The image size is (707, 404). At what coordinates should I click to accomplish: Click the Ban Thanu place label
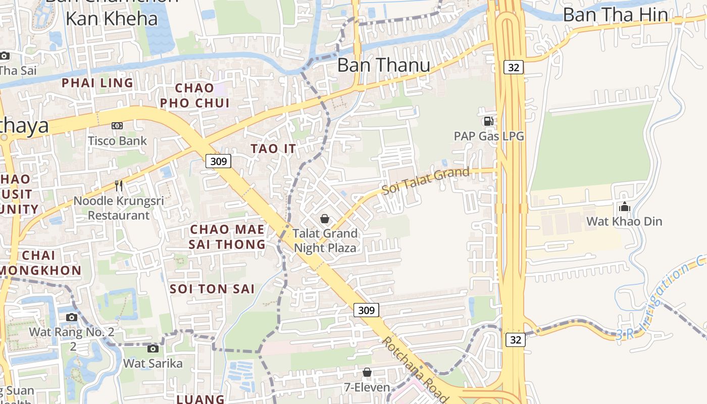[383, 65]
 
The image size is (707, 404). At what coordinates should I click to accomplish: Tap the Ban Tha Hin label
[615, 15]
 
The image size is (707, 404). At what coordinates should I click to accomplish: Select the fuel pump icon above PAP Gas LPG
[488, 121]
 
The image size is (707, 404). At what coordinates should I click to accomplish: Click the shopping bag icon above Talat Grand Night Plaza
[325, 219]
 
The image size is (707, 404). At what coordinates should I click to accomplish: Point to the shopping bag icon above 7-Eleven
[367, 373]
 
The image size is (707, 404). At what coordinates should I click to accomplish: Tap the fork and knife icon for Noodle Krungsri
[119, 186]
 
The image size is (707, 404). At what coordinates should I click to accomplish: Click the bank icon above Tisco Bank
[117, 126]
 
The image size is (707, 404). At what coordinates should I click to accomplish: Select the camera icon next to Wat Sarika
[153, 348]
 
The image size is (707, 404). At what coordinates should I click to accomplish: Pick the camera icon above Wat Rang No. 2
[72, 317]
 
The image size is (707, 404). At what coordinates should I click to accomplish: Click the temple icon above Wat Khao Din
[624, 207]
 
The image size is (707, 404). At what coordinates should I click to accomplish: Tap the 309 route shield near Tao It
[218, 161]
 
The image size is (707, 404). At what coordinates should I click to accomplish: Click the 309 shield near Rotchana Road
[366, 310]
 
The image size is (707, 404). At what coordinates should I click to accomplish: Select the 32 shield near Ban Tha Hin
[513, 67]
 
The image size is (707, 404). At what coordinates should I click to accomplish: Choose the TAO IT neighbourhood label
[273, 148]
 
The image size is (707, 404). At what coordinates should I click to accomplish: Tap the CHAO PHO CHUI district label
[194, 95]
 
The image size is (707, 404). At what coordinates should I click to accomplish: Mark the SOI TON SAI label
[212, 289]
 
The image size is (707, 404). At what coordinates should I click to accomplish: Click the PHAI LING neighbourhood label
[97, 83]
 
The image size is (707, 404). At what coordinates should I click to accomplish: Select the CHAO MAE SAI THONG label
[227, 237]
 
